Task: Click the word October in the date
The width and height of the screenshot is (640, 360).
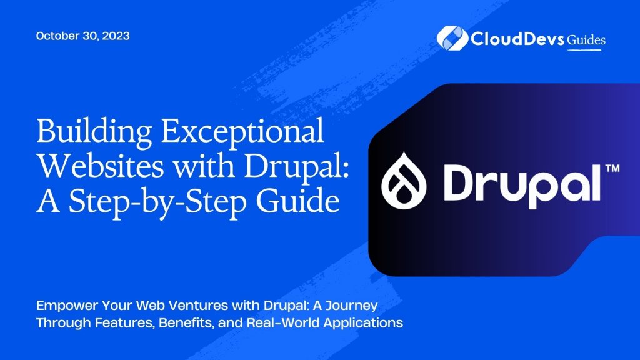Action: [57, 36]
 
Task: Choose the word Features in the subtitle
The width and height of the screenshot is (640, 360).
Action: [108, 324]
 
